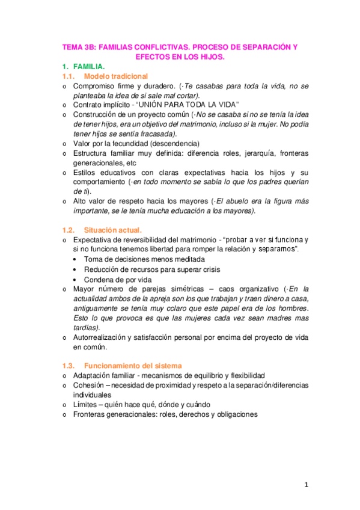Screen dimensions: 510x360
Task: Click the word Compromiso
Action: (x=93, y=87)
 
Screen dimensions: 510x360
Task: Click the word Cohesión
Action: (x=89, y=385)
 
